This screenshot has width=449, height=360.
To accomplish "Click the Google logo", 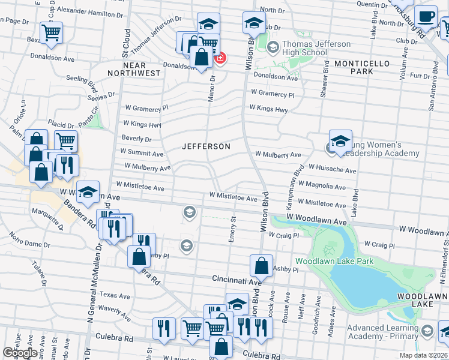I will (20, 353).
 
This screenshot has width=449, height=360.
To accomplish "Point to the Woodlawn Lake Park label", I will (334, 261).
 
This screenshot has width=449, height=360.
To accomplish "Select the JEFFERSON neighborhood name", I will (206, 146).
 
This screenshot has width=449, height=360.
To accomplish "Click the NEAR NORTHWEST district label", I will (134, 68).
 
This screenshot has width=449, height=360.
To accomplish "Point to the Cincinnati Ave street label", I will (237, 280).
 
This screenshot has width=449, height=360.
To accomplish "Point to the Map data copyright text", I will (423, 355).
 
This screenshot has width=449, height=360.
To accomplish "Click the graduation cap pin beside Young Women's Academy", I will (340, 142).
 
